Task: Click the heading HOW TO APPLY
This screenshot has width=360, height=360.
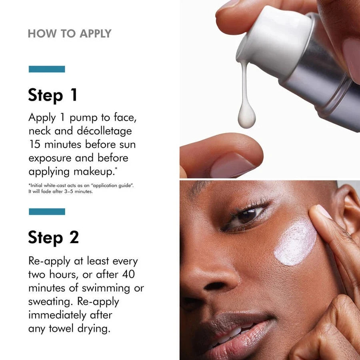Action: click(69, 34)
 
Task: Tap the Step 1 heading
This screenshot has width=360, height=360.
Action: click(52, 95)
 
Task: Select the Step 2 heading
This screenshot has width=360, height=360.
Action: click(53, 237)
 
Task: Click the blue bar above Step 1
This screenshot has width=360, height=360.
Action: click(47, 69)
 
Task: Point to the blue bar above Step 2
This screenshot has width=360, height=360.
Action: click(47, 212)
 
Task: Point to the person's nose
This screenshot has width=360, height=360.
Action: click(208, 276)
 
